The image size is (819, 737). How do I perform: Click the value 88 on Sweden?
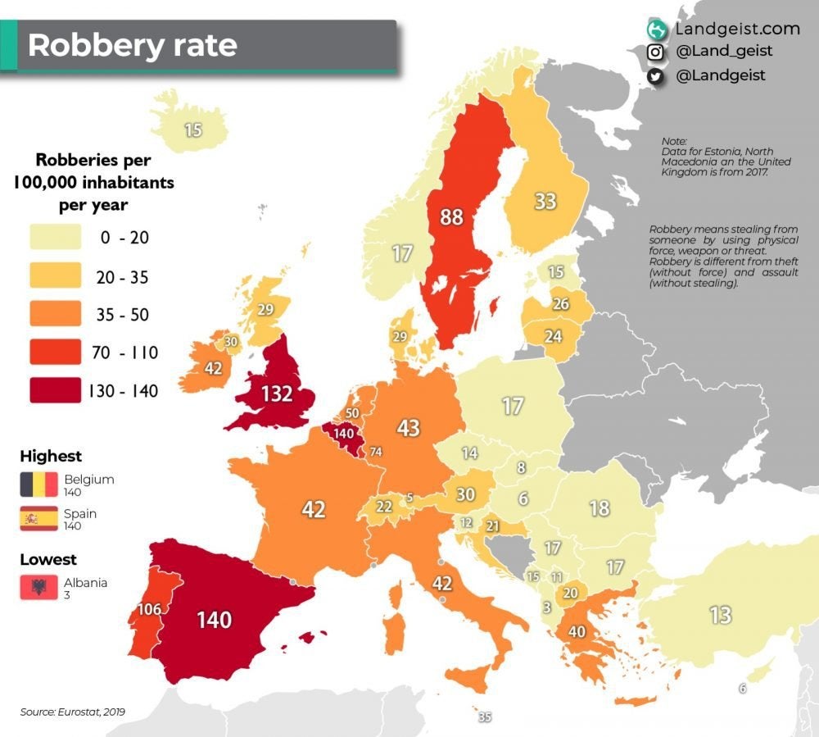coord(451,217)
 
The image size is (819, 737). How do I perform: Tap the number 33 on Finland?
coord(545,201)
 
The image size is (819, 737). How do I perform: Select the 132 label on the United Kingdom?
coord(276,394)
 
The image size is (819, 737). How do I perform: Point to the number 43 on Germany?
coord(408,428)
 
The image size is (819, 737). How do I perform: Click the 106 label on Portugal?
coord(149,609)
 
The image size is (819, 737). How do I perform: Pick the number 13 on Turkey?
coord(721,614)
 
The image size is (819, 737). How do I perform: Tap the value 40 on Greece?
coord(577,632)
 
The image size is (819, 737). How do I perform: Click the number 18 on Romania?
coord(600,507)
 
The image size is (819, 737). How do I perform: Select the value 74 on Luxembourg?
coord(376,452)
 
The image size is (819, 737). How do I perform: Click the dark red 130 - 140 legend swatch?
coord(56,390)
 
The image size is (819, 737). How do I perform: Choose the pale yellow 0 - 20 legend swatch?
coord(56,238)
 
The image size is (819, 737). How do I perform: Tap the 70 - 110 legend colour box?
coord(56,353)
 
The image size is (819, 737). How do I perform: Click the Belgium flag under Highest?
coord(38,485)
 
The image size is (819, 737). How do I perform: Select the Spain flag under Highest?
coord(38,519)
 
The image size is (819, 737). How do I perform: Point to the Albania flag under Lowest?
coord(38,588)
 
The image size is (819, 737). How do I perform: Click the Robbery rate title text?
coord(132,45)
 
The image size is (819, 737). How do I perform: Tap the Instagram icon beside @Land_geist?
coord(655,52)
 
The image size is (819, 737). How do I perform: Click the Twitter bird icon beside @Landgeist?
coord(655,75)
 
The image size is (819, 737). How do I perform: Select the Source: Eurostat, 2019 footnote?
coord(73,711)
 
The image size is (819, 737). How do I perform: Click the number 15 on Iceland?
coord(192,130)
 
